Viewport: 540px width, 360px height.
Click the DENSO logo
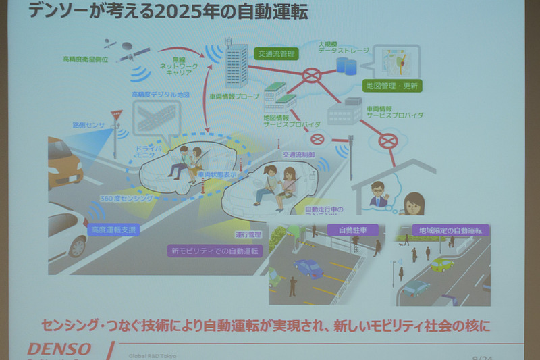pos(59,349)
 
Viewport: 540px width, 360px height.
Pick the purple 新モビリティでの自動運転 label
pos(215,251)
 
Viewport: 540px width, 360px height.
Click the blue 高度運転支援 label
pos(115,230)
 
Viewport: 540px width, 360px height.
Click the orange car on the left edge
pos(63,162)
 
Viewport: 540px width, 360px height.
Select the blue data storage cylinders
pos(347,66)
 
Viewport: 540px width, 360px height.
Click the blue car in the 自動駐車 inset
pos(308,268)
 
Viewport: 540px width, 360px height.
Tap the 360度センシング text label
pos(131,199)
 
